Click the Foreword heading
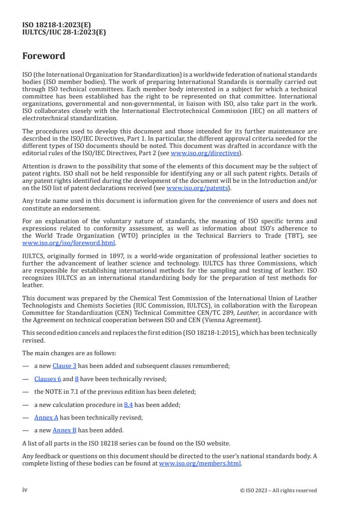click(44, 56)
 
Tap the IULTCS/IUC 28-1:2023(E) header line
click(64, 32)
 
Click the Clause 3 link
click(64, 366)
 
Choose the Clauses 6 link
click(48, 378)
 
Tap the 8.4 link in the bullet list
click(128, 404)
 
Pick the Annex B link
click(64, 430)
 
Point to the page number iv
click(25, 489)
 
